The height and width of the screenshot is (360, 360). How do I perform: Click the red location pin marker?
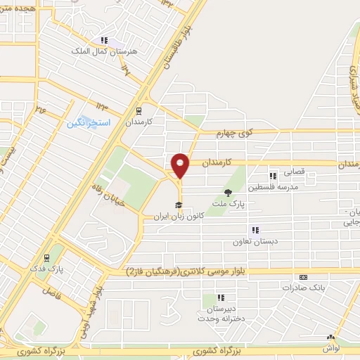point(181,165)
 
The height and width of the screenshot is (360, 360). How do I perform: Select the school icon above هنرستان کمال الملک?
point(104,41)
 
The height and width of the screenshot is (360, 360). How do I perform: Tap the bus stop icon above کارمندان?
point(138,110)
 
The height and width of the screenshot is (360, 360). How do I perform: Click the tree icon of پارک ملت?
point(227,192)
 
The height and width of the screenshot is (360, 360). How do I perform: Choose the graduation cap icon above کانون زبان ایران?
point(180,205)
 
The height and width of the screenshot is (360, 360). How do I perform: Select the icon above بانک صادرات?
point(303,277)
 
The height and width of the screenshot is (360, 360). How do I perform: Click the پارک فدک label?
point(50,269)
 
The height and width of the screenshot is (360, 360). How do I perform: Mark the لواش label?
point(331,348)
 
